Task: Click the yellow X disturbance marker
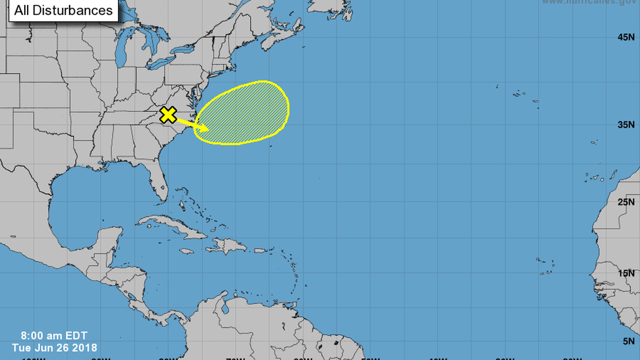(x=168, y=115)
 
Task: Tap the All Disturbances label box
(x=63, y=10)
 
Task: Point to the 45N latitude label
(x=627, y=38)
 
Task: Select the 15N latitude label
(x=627, y=273)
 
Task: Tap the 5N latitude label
(x=629, y=340)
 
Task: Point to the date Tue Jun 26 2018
(x=54, y=348)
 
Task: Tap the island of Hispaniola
(x=227, y=245)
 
